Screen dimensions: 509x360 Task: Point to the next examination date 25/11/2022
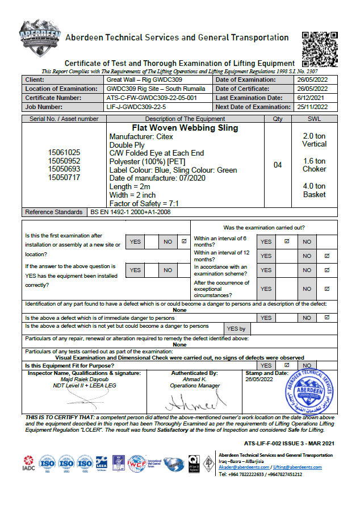point(312,107)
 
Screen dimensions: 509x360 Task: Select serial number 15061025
point(64,153)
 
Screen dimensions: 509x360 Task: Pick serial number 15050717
point(64,178)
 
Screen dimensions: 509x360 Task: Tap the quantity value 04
point(278,165)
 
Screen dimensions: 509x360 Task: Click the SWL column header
point(314,119)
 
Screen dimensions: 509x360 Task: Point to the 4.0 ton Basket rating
point(314,190)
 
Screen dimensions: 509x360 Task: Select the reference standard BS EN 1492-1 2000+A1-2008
point(131,212)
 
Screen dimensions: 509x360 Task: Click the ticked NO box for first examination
point(183,241)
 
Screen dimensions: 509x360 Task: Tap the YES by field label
point(236,328)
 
